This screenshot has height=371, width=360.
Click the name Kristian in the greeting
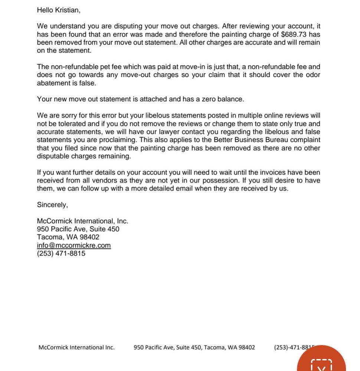tap(67, 10)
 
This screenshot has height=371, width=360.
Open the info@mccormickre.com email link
tap(74, 246)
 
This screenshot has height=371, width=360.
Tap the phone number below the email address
tap(61, 254)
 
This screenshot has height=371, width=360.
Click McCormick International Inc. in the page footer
tap(76, 348)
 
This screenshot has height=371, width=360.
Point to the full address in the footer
tap(194, 348)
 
